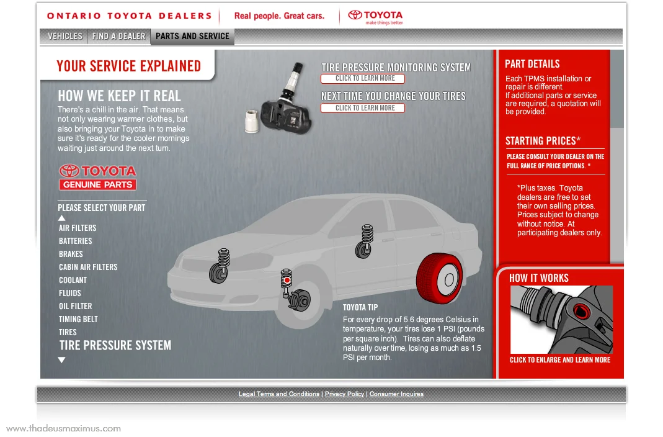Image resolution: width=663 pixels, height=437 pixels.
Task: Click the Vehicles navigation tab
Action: (65, 37)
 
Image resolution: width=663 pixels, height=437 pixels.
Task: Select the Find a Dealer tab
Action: (118, 37)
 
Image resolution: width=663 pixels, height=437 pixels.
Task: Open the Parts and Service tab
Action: (192, 37)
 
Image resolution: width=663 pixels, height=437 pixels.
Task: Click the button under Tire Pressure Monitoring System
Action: (362, 79)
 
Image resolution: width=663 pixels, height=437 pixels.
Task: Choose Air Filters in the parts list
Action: (78, 228)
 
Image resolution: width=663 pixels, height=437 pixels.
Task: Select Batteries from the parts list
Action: (75, 241)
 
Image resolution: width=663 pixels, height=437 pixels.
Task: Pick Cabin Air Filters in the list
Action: (88, 267)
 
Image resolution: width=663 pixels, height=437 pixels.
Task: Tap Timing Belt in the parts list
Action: (78, 319)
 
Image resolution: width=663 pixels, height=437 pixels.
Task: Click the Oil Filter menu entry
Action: (75, 306)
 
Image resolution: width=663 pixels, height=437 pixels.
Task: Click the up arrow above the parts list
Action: (61, 218)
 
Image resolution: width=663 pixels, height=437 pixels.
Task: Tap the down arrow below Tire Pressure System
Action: (61, 360)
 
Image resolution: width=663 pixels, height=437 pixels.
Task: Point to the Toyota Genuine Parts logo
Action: (97, 177)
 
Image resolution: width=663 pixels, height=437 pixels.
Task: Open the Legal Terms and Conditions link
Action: (279, 394)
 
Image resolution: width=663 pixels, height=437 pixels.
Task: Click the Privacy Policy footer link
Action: (344, 394)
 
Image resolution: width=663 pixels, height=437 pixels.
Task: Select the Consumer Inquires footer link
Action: (396, 394)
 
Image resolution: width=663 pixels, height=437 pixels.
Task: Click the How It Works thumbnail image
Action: (561, 319)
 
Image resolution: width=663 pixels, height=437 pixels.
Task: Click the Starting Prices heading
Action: (543, 141)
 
